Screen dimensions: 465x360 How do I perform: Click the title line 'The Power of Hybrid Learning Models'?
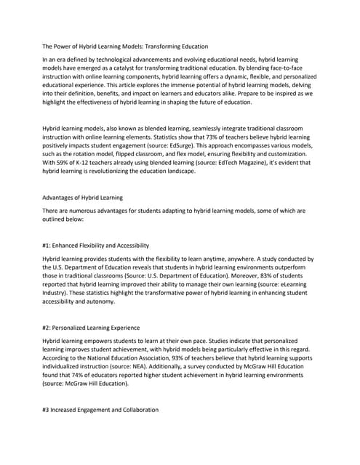point(125,45)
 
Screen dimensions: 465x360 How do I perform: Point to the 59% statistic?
point(64,163)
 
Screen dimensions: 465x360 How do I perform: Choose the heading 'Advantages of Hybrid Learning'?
point(83,198)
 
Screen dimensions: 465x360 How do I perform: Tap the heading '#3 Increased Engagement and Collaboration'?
point(100,410)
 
